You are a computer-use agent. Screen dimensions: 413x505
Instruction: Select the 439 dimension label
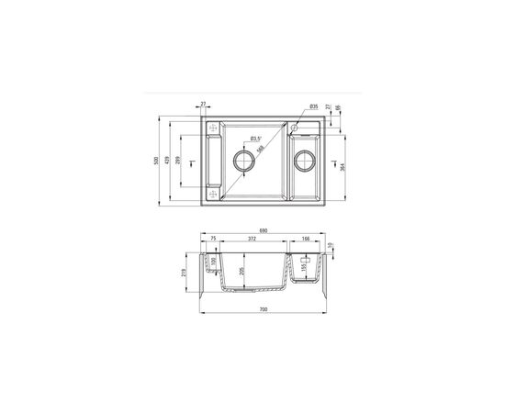click(168, 161)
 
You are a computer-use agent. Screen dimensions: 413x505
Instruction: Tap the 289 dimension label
click(179, 161)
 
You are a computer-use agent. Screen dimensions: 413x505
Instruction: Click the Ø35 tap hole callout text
click(313, 107)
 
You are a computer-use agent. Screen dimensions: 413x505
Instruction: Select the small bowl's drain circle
click(304, 161)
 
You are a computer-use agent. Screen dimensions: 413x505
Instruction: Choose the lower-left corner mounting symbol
click(211, 194)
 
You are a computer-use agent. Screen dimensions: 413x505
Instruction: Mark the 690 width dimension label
click(263, 230)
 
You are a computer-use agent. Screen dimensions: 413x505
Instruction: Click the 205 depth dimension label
click(241, 271)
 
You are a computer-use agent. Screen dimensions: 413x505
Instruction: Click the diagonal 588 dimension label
click(261, 149)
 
